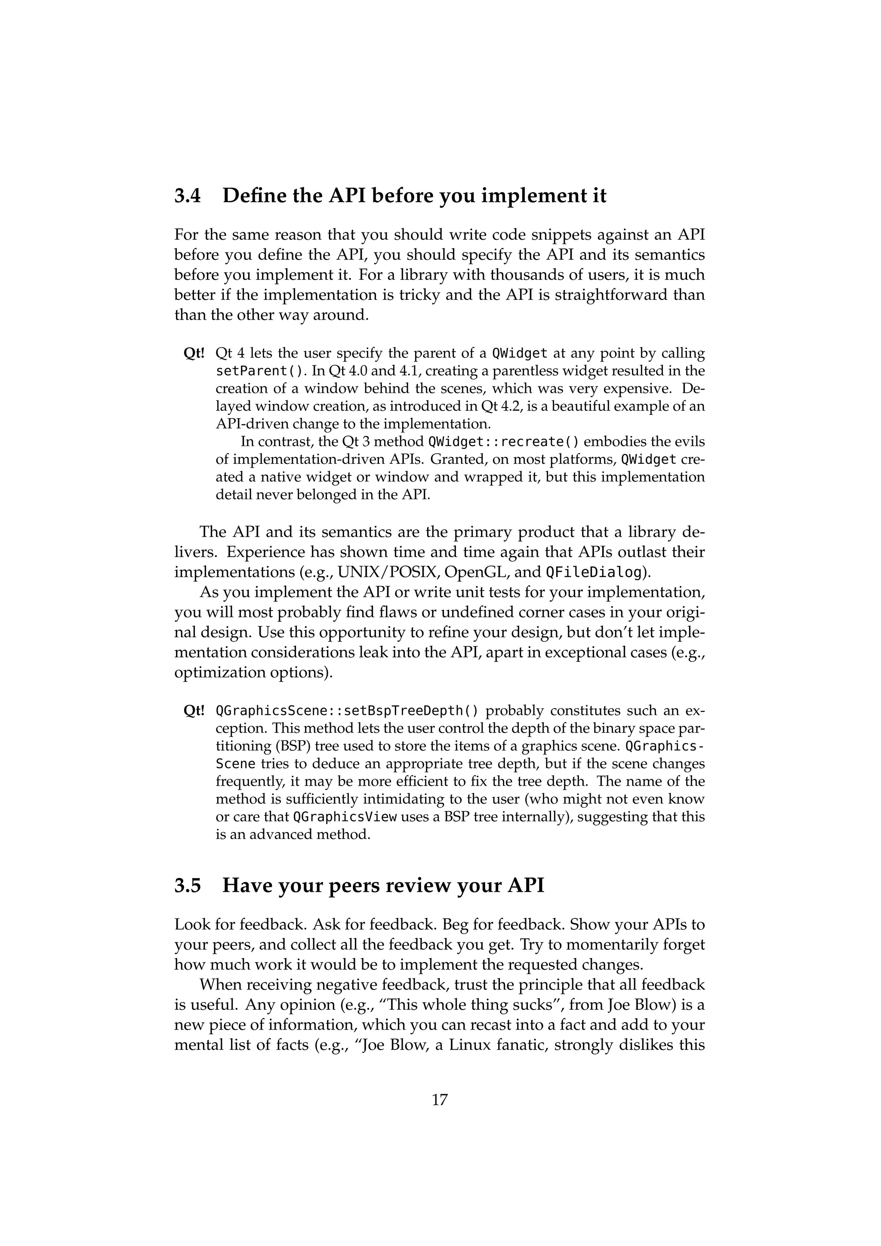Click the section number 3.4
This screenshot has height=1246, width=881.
point(187,196)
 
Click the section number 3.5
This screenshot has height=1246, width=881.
point(187,885)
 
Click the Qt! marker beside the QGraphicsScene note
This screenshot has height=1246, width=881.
point(194,710)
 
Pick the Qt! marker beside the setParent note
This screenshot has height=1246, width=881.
point(194,354)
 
